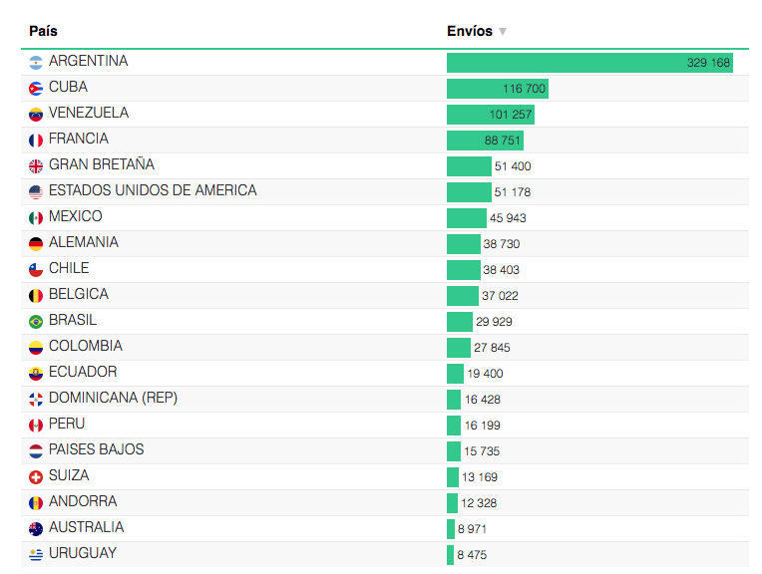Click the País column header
[44, 31]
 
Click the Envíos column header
[469, 31]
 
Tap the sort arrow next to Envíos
[503, 32]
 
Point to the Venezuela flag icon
[36, 115]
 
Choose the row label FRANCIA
[78, 139]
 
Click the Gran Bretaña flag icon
[36, 166]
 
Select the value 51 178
[513, 192]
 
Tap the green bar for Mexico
[466, 218]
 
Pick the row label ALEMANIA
[83, 242]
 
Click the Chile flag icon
[36, 270]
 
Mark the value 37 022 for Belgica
[500, 296]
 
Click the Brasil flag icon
[36, 322]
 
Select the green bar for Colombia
[458, 348]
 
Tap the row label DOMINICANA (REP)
[113, 398]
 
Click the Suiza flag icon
[36, 477]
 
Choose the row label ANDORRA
[82, 501]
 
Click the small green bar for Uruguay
[450, 555]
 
